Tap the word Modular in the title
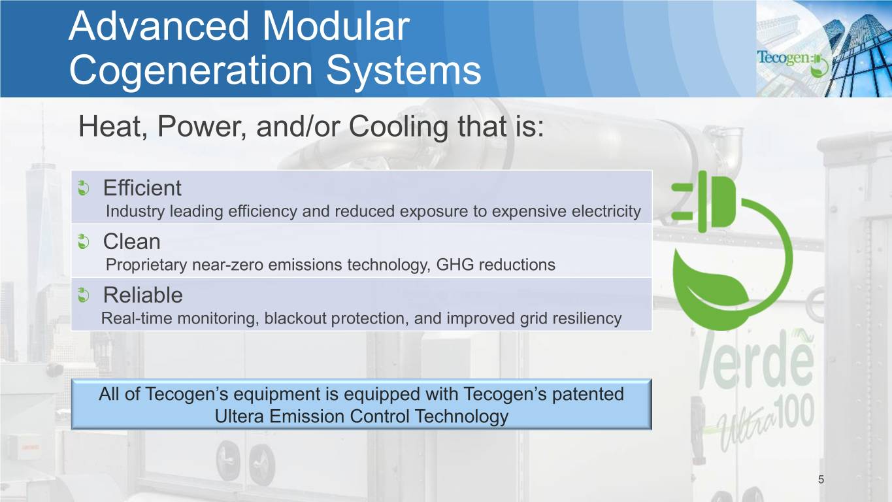click(336, 26)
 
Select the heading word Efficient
click(142, 188)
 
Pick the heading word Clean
click(132, 241)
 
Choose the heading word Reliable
click(143, 295)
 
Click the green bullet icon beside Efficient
click(83, 188)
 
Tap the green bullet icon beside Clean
click(83, 241)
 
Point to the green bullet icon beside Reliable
click(83, 295)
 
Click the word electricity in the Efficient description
click(606, 212)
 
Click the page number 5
click(821, 480)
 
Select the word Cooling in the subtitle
click(399, 127)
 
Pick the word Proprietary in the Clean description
click(146, 265)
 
